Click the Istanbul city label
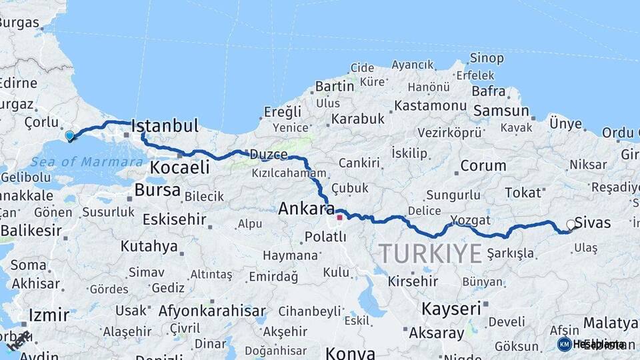[165, 125]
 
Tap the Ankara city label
[306, 209]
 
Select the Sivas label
[592, 223]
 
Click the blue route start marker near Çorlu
[69, 136]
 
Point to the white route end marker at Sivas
[571, 225]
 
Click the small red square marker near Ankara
[339, 217]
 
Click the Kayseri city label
[451, 309]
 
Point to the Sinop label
[487, 58]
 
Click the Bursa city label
[157, 190]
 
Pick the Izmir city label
[49, 314]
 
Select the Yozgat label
[470, 220]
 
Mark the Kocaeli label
[179, 167]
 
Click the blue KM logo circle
[564, 344]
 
